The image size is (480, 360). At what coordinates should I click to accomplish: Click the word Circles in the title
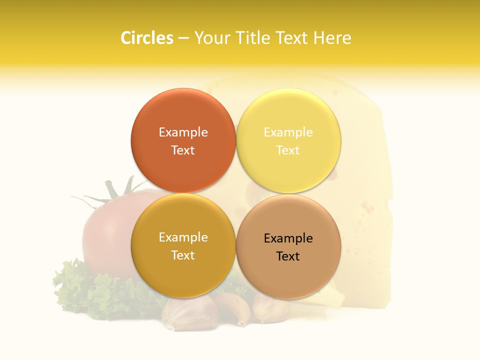coord(146,38)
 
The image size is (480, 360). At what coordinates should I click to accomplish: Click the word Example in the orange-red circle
coord(183,132)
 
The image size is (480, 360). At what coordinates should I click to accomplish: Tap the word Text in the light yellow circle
coord(288,150)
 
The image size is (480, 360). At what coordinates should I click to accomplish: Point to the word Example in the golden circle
coord(183,237)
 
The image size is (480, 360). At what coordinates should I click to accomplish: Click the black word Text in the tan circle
coord(288,256)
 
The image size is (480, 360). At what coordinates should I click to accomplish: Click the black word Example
coord(288,238)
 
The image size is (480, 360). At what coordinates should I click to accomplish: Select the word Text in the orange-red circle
coord(183,150)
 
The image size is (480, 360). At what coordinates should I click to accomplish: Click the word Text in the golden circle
coord(183,255)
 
